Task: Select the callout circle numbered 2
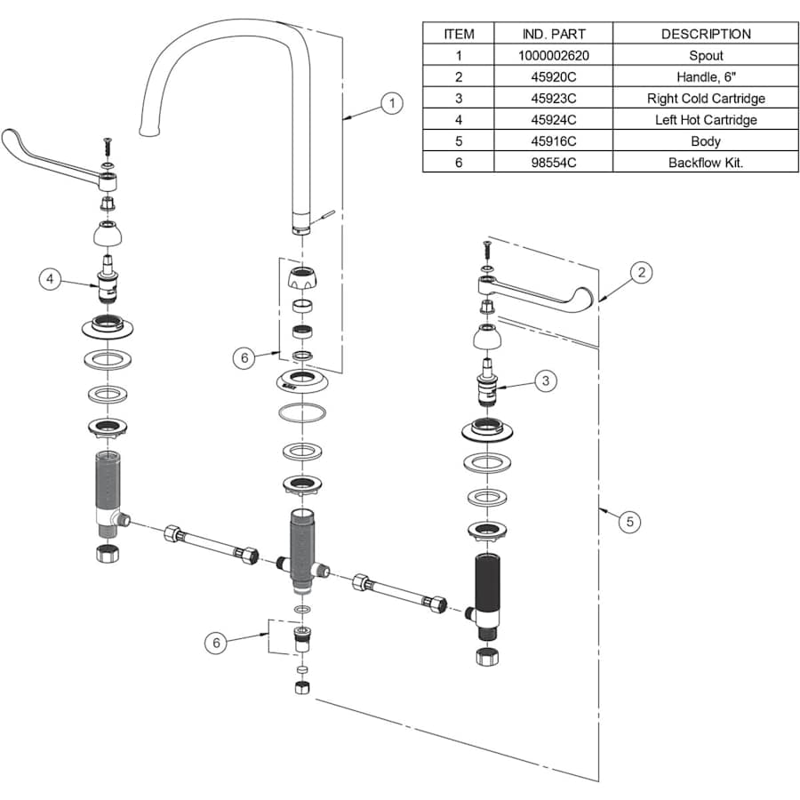coord(642,272)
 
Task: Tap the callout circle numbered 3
coord(545,380)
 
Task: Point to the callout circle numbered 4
coord(51,279)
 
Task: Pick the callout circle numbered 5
coord(629,522)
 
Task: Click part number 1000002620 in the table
coord(554,55)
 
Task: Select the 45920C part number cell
coord(554,76)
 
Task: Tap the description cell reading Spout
coord(706,55)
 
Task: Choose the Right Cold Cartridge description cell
coord(706,98)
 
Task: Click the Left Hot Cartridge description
coord(706,119)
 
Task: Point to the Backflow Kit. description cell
coord(706,162)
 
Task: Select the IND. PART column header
coord(554,34)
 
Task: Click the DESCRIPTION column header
coord(706,34)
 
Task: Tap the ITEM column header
coord(459,34)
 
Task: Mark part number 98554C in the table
coord(554,162)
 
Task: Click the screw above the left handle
coord(108,144)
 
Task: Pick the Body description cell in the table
coord(706,140)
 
